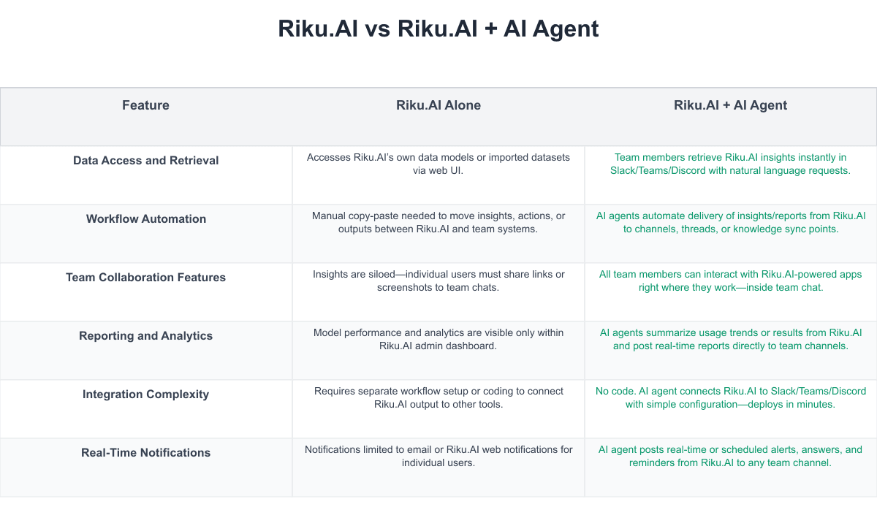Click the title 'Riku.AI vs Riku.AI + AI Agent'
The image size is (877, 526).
(438, 29)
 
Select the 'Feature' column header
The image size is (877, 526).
(145, 105)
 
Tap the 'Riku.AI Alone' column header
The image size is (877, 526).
(438, 105)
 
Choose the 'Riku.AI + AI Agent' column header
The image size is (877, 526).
(730, 105)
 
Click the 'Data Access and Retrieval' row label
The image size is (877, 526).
(145, 161)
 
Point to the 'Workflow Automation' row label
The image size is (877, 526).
(145, 219)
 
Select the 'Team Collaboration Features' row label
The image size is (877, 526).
(145, 278)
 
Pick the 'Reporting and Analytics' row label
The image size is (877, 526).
(145, 336)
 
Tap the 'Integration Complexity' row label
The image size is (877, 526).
(145, 394)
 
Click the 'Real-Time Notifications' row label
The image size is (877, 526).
(145, 453)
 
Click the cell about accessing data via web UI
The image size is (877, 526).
(438, 164)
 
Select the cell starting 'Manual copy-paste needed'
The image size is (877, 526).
(438, 222)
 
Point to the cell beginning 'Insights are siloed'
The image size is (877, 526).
(438, 281)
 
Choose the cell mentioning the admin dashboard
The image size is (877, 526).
(438, 339)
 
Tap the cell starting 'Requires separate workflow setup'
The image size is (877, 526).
(438, 397)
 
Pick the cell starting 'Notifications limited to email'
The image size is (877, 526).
(438, 456)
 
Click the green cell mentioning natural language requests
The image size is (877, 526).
(730, 164)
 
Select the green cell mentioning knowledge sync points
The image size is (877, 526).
(730, 222)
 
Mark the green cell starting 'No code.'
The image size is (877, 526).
(730, 397)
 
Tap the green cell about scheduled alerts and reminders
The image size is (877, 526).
(730, 456)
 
